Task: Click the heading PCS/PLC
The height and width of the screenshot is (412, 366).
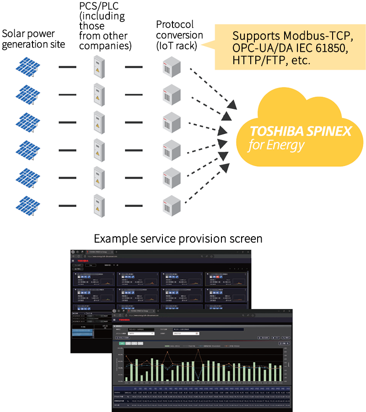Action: (x=99, y=9)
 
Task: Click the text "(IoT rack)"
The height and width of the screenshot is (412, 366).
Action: (x=179, y=46)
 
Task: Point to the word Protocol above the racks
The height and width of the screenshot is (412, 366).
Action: (x=175, y=24)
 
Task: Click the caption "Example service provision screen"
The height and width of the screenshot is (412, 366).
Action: (x=178, y=239)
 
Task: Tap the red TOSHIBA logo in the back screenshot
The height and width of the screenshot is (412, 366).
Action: (x=83, y=261)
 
